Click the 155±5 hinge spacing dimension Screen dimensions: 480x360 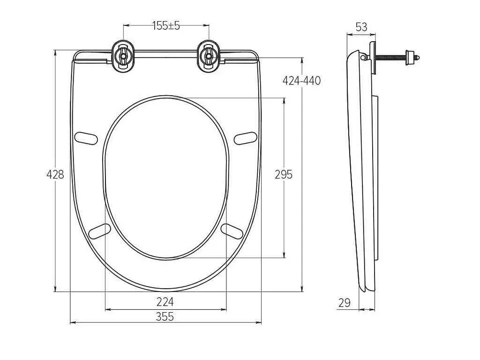pyautogui.click(x=166, y=26)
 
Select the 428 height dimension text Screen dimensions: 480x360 pyautogui.click(x=55, y=174)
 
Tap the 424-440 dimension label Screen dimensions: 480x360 pyautogui.click(x=301, y=81)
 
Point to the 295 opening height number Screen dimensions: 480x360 pyautogui.click(x=284, y=174)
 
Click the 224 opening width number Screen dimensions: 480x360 pyautogui.click(x=165, y=302)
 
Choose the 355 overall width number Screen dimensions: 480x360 pyautogui.click(x=165, y=316)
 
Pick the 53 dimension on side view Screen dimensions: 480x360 pyautogui.click(x=361, y=27)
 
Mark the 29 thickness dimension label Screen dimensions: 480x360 pyautogui.click(x=345, y=303)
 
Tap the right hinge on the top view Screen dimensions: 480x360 pyautogui.click(x=209, y=56)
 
